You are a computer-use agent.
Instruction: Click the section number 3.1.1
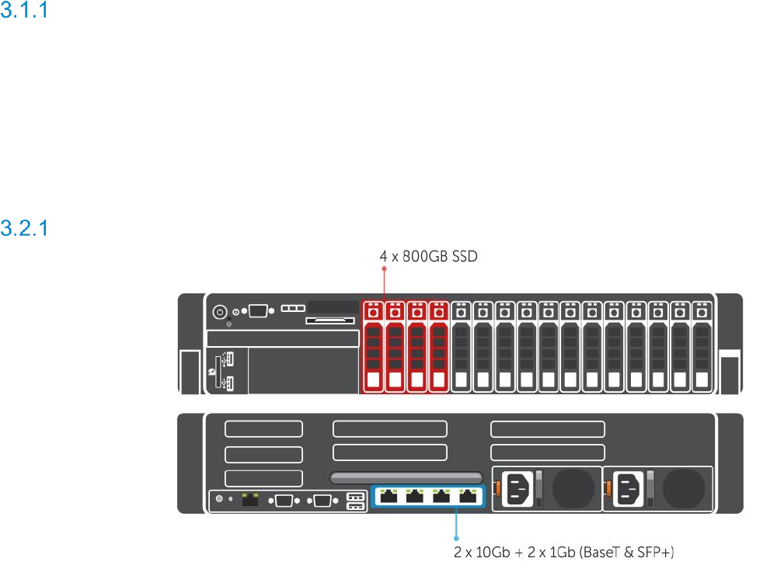click(24, 13)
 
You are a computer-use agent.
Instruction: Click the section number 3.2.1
click(24, 228)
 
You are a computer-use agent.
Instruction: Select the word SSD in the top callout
click(461, 255)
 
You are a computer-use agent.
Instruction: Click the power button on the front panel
click(220, 311)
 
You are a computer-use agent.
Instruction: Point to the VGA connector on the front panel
click(257, 311)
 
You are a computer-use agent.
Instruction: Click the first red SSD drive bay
click(374, 345)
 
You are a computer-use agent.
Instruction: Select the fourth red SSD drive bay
click(438, 345)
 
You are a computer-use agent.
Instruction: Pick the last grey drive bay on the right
click(702, 345)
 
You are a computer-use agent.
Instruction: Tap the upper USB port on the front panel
click(226, 359)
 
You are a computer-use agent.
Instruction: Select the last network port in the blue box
click(468, 496)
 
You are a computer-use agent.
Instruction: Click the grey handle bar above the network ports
click(406, 477)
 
